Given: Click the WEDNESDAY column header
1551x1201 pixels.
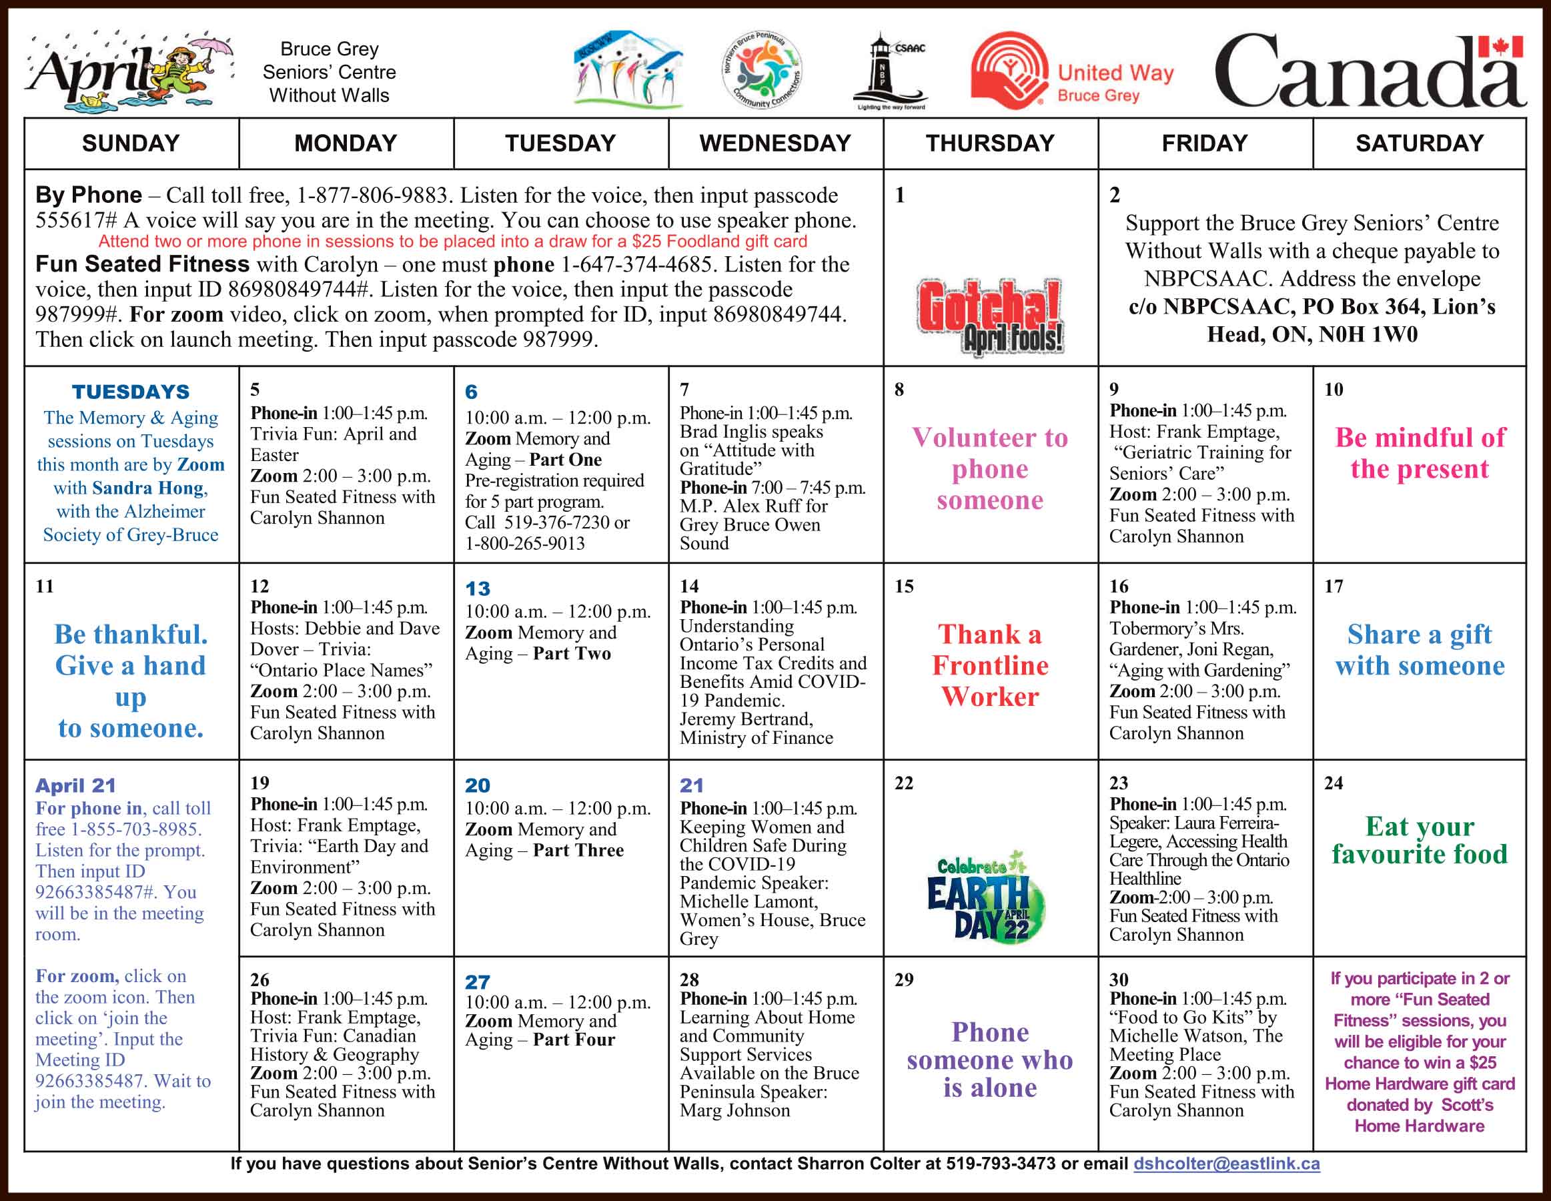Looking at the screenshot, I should (774, 143).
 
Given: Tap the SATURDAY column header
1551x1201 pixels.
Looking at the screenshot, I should (1419, 143).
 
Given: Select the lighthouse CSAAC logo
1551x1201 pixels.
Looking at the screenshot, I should (891, 71).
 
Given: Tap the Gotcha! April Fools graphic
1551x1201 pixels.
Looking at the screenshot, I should (990, 317).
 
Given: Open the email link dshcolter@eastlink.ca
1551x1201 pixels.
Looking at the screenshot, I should (1226, 1164).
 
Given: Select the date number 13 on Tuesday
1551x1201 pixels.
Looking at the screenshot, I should (477, 588).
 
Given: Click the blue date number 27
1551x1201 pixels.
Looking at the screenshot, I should (477, 982).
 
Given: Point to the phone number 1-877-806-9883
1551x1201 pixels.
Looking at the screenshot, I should (372, 195).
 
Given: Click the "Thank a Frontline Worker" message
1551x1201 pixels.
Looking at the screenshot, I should (990, 665).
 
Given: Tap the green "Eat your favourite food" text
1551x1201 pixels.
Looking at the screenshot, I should (1419, 840).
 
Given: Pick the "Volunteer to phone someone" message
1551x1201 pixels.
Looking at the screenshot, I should (990, 469).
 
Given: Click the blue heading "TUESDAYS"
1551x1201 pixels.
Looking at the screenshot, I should (131, 392).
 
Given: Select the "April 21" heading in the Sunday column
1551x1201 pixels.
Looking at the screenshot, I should (75, 785).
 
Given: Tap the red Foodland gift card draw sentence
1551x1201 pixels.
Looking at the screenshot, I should (452, 242).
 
